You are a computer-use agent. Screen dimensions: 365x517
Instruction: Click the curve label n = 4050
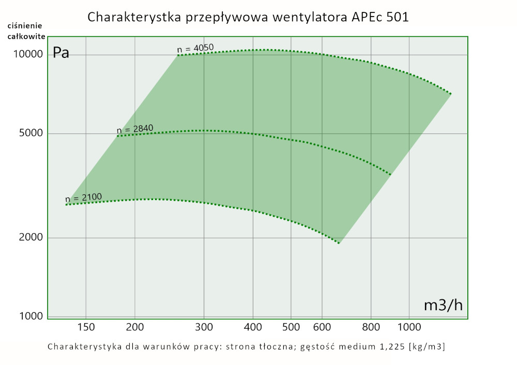coord(195,49)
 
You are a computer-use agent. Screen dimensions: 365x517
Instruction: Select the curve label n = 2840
coord(135,129)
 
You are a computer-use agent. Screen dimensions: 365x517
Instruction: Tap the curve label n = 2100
coord(83,197)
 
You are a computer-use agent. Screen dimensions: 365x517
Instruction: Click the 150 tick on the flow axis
coord(85,327)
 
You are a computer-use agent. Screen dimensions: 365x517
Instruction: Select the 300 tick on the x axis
coord(204,327)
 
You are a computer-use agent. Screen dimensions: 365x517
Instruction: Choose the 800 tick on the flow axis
coord(371,327)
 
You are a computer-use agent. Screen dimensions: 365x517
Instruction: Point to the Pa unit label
coord(61,53)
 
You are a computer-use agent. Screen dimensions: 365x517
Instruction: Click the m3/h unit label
coord(443,305)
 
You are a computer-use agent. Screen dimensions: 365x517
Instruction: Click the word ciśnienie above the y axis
coord(25,25)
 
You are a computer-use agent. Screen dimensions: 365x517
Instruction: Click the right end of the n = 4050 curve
coord(451,94)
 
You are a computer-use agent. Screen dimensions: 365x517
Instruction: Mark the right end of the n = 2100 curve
coord(339,243)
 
